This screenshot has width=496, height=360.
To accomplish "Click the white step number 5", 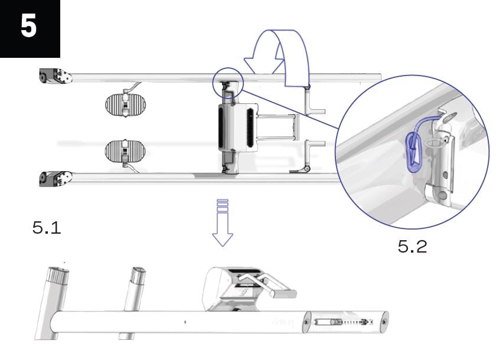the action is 28,27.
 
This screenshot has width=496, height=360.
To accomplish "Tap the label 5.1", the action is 47,228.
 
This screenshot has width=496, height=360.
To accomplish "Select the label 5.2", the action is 412,246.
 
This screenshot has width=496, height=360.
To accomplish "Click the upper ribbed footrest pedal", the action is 125,104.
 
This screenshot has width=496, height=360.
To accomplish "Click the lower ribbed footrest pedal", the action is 125,150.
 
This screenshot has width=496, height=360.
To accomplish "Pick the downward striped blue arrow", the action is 223,223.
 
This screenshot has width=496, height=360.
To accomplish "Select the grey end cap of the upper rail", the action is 54,77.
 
